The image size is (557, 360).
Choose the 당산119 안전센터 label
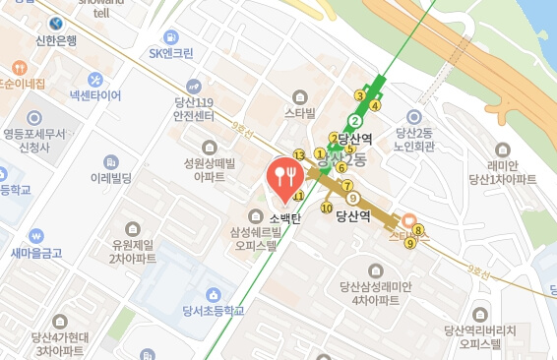coord(194,107)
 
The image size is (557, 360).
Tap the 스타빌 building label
coord(299,113)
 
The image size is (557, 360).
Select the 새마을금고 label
coord(36,253)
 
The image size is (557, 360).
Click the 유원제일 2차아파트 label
coord(133,251)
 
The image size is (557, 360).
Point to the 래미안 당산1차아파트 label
coord(503,172)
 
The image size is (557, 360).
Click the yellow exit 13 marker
coord(298,156)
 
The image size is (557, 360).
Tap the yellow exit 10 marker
coord(327,208)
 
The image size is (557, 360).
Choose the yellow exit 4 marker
coord(375,106)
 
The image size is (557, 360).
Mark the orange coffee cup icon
coord(408,222)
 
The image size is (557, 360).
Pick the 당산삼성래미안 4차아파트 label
coord(373,293)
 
